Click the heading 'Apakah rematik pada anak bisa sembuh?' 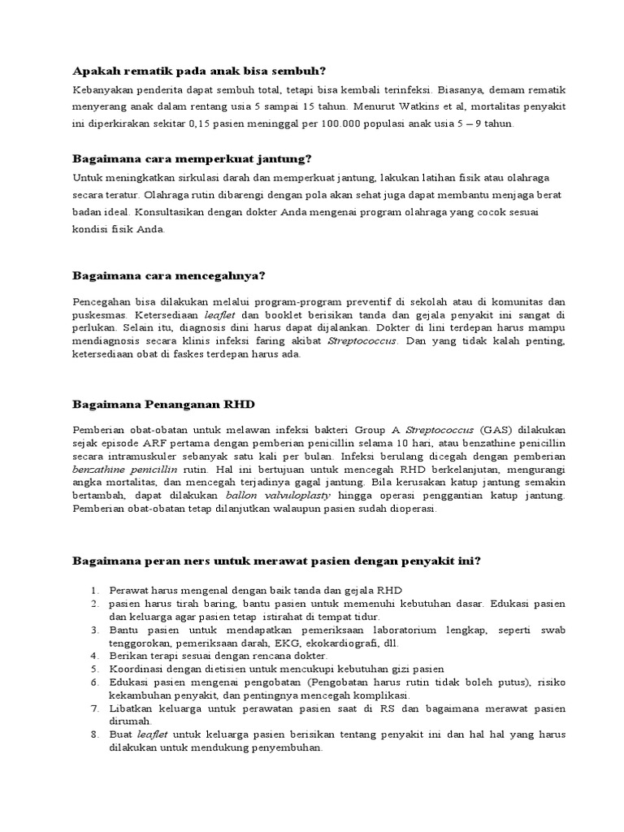pyautogui.click(x=198, y=71)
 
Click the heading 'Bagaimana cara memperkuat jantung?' pyautogui.click(x=193, y=158)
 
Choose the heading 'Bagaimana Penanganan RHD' pyautogui.click(x=167, y=402)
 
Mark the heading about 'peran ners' pyautogui.click(x=276, y=560)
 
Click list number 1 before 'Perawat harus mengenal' pyautogui.click(x=95, y=590)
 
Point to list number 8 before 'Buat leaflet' pyautogui.click(x=95, y=734)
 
